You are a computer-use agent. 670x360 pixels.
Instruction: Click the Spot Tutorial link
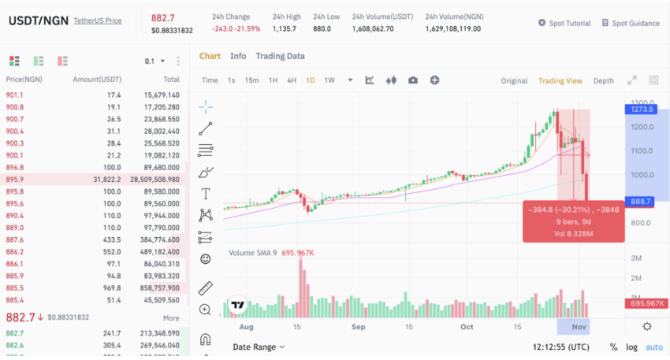click(568, 23)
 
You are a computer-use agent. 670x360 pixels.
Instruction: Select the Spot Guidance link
click(635, 23)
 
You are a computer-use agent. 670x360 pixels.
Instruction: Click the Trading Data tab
click(280, 56)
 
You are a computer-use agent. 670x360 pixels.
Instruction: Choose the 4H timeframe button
click(292, 80)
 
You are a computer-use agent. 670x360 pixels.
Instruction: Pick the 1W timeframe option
click(329, 80)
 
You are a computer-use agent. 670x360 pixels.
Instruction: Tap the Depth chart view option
click(603, 80)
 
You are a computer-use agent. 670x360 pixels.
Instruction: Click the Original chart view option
click(514, 80)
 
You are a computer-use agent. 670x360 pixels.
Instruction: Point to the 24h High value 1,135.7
click(285, 29)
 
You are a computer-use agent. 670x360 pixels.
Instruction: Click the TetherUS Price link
click(97, 20)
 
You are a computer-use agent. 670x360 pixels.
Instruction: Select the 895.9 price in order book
click(14, 180)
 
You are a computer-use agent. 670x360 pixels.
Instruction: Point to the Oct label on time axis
click(467, 326)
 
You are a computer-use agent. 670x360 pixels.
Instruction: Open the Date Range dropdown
click(259, 347)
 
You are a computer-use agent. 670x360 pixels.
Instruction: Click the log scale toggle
click(631, 347)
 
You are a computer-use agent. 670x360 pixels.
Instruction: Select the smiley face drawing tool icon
click(206, 258)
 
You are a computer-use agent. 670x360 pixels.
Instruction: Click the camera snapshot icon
click(413, 80)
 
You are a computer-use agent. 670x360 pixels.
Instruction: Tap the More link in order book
click(171, 318)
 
